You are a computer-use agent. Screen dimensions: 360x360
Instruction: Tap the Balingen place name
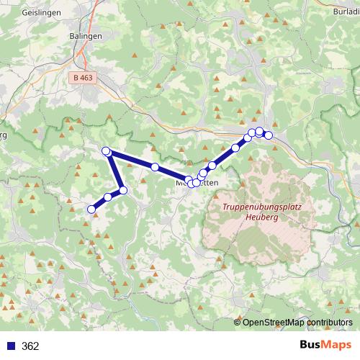click(86, 35)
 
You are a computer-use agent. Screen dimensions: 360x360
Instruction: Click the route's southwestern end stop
click(91, 210)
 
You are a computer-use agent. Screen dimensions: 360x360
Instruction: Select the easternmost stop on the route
click(269, 135)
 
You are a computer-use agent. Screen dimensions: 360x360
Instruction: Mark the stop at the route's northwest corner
click(106, 150)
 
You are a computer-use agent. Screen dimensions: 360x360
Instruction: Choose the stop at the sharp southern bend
click(123, 190)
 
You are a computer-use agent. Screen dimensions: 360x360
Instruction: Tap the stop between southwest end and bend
click(108, 197)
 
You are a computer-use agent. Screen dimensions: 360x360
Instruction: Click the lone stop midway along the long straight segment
click(155, 167)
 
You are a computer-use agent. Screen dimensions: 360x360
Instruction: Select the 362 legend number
click(30, 346)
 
